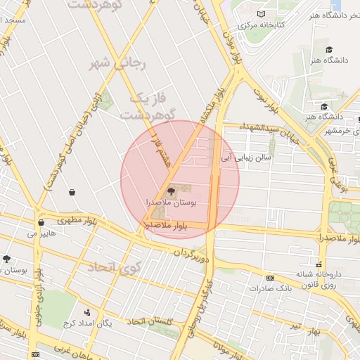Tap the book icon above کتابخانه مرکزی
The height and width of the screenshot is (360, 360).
click(x=262, y=14)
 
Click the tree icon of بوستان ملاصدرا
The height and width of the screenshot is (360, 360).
click(x=171, y=191)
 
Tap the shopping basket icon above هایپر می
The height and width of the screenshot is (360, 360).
click(x=41, y=222)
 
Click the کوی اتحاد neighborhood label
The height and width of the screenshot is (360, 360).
click(x=115, y=267)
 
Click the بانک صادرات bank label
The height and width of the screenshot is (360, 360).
click(x=273, y=288)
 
